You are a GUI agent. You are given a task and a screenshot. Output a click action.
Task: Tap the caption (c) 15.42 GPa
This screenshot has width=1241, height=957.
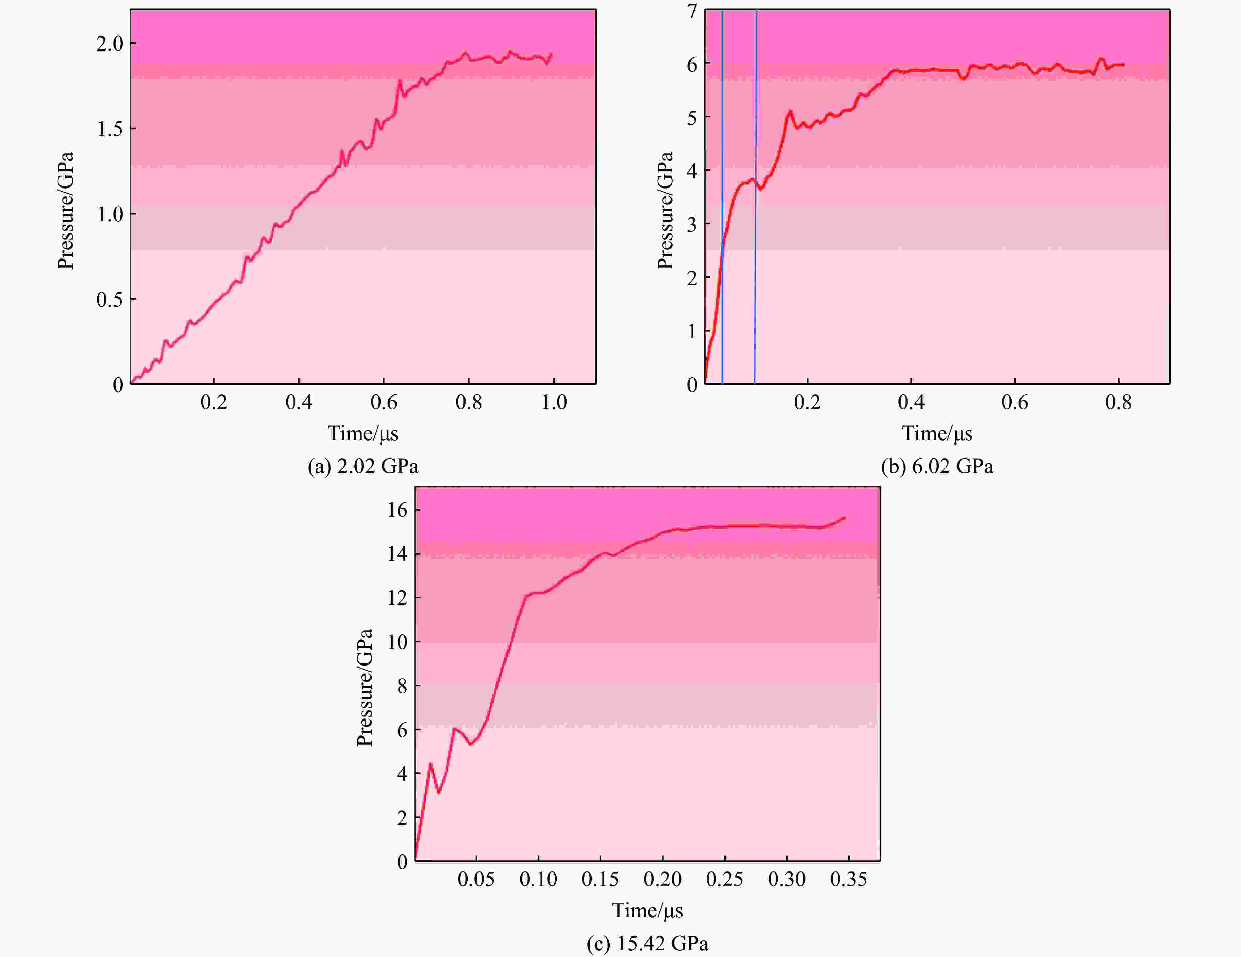coord(647,943)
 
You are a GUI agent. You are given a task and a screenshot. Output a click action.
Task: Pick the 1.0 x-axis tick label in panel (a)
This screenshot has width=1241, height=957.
coord(554,402)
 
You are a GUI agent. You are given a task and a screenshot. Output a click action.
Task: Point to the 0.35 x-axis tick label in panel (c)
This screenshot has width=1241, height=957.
coord(848,879)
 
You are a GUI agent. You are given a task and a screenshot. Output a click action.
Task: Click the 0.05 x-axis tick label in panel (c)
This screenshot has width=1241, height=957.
coord(476,879)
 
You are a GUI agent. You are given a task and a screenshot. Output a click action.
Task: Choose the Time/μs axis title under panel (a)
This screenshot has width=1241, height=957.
coord(362,434)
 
